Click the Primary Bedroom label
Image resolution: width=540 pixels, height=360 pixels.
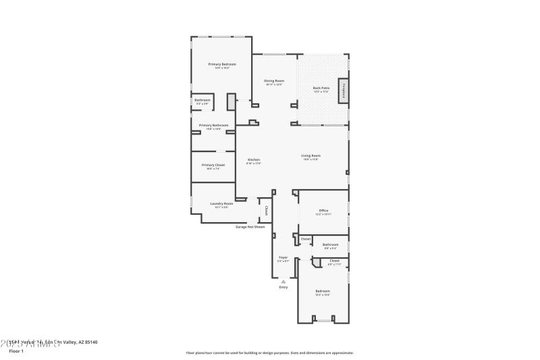(221, 64)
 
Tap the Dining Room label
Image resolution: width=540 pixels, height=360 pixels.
(273, 81)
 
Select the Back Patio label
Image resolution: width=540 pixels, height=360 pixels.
(321, 88)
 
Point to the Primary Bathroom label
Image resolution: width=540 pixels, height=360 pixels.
(213, 125)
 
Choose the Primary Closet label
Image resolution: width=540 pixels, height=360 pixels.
(213, 165)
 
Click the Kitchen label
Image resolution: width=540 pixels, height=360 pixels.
(253, 160)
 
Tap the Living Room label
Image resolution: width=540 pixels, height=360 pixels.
(310, 156)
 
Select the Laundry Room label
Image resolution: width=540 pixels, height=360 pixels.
(221, 203)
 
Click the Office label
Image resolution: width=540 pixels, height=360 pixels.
(323, 211)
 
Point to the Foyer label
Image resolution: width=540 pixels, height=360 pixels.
(283, 257)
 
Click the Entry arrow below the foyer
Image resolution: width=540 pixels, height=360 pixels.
(283, 281)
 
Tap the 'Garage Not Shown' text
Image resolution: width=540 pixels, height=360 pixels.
(250, 227)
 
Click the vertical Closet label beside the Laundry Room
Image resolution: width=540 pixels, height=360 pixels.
(266, 210)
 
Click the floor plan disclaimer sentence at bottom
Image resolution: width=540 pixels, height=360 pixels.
(270, 353)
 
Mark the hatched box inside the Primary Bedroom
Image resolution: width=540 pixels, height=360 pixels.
(231, 101)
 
